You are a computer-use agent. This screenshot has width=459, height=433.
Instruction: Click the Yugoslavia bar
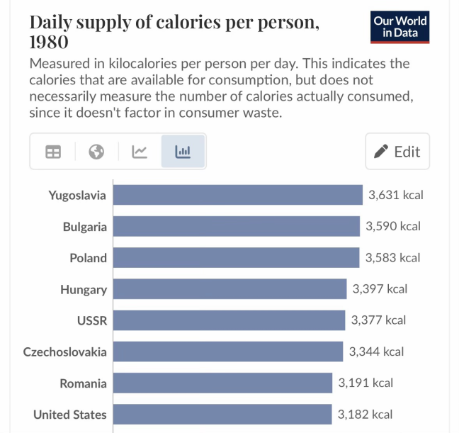pyautogui.click(x=237, y=195)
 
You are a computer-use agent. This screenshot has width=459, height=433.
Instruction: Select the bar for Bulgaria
pyautogui.click(x=236, y=227)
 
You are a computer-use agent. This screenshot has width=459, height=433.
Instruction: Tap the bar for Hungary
pyautogui.click(x=229, y=289)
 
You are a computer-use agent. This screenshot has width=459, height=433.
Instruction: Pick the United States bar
pyautogui.click(x=222, y=415)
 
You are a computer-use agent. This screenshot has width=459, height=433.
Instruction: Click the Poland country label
pyautogui.click(x=88, y=258)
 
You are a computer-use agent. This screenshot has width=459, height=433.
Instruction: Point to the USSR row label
pyautogui.click(x=92, y=320)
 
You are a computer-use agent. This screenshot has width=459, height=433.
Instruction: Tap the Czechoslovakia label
pyautogui.click(x=65, y=352)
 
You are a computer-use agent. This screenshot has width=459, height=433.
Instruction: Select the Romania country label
pyautogui.click(x=84, y=383)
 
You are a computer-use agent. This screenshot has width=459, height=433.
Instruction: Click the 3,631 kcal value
pyautogui.click(x=395, y=195)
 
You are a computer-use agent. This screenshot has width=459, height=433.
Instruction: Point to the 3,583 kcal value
pyautogui.click(x=392, y=258)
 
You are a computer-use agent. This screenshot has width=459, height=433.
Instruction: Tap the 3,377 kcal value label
pyautogui.click(x=378, y=320)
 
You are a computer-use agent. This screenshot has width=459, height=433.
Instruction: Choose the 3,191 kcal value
pyautogui.click(x=365, y=383)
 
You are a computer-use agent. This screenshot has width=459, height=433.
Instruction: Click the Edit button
pyautogui.click(x=397, y=151)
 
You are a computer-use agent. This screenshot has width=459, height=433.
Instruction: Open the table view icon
pyautogui.click(x=53, y=152)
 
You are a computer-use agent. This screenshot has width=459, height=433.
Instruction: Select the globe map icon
pyautogui.click(x=96, y=152)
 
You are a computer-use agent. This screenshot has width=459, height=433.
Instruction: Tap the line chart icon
pyautogui.click(x=140, y=152)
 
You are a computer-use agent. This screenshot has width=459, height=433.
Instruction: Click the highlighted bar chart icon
pyautogui.click(x=183, y=152)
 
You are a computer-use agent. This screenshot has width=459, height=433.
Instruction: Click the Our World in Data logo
pyautogui.click(x=400, y=27)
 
